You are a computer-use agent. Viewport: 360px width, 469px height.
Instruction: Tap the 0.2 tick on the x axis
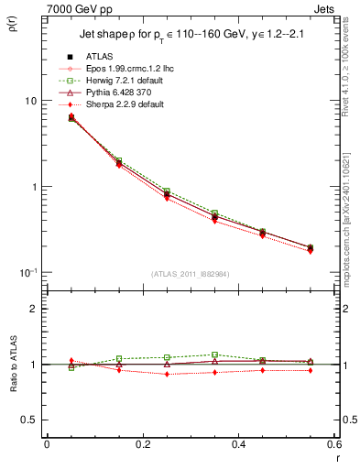pos(142,446)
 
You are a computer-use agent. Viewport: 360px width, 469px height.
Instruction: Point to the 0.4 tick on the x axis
pos(238,446)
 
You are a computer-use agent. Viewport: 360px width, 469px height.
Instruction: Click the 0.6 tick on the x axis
pos(333,446)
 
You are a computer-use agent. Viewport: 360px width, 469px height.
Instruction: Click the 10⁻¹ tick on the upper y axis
pos(27,273)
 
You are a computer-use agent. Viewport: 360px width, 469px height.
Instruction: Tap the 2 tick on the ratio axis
pos(33,309)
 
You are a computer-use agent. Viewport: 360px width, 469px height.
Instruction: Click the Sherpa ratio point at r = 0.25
pos(167,374)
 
